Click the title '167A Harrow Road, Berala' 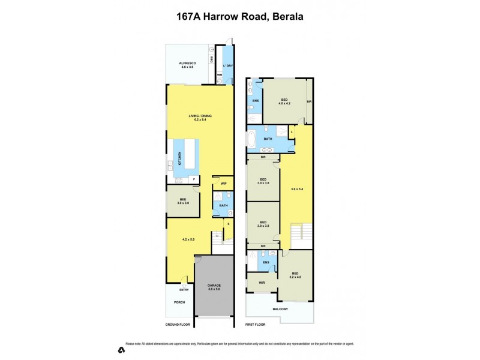coord(240,17)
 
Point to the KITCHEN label coord(179,158)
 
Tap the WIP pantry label coord(223,184)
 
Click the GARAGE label coord(214,287)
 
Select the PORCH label coord(179,302)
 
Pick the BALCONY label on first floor coord(280,309)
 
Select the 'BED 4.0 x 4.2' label coord(284,101)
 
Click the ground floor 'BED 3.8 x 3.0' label coord(182,202)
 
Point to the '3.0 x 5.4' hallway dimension coord(296,189)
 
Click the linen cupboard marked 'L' coord(292,131)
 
